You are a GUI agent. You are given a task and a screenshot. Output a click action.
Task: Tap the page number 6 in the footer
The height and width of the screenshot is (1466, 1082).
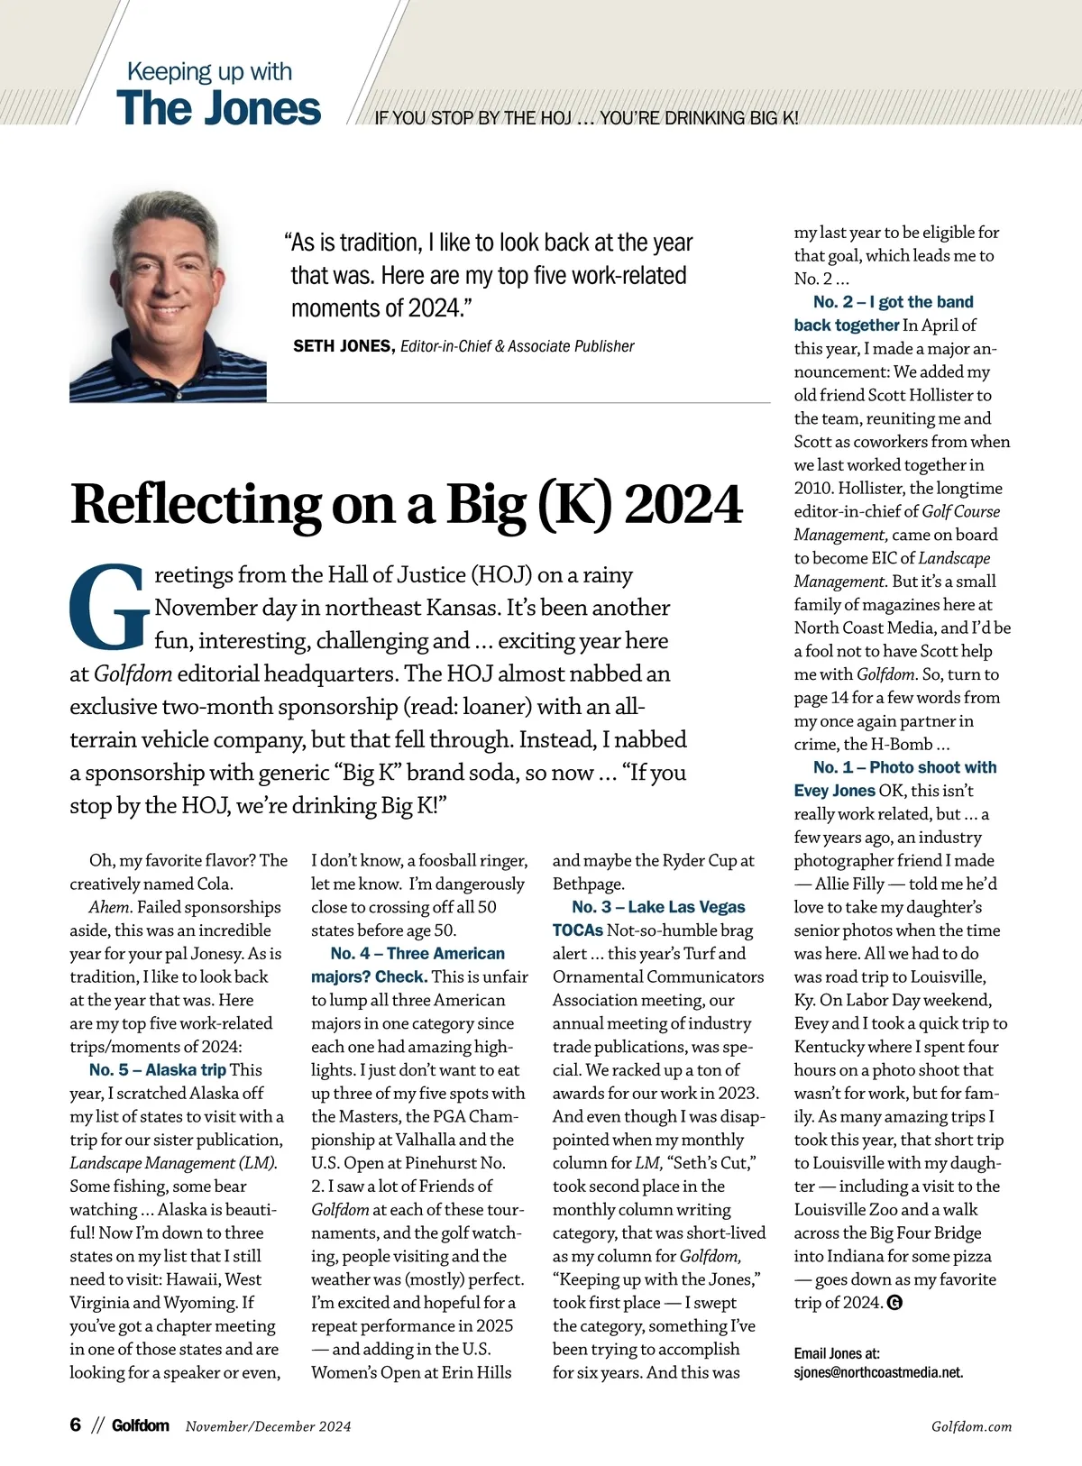[x=76, y=1425]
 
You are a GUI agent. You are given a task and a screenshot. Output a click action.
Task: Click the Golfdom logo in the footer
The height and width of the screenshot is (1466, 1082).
[x=140, y=1425]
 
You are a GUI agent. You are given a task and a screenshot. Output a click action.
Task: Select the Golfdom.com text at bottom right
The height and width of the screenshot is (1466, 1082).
[x=971, y=1426]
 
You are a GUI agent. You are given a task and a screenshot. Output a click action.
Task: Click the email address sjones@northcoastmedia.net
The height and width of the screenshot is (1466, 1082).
[x=878, y=1372]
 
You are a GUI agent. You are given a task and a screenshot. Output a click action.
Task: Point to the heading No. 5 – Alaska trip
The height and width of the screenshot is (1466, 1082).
[x=157, y=1070]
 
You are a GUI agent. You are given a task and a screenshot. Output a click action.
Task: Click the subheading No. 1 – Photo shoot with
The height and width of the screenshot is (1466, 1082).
[x=904, y=767]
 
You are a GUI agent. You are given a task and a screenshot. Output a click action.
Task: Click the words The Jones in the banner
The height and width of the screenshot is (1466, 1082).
[x=218, y=108]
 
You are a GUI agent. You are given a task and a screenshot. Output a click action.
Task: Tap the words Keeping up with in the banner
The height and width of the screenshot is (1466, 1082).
[x=209, y=71]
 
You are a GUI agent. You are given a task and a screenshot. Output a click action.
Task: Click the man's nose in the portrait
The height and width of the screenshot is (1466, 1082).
[x=170, y=276]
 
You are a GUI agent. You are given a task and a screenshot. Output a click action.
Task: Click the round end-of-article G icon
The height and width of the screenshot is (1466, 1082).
[x=894, y=1302]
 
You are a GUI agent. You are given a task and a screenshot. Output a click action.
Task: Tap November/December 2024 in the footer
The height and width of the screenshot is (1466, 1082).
[x=268, y=1426]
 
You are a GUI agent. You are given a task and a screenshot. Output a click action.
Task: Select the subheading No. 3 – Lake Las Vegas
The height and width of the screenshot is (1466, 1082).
[x=658, y=907]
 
